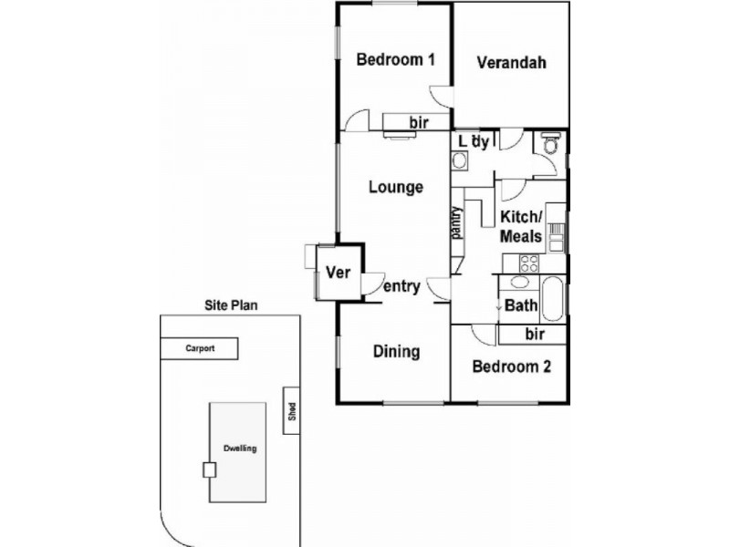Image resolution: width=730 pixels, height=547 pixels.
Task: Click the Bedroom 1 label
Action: point(394,60)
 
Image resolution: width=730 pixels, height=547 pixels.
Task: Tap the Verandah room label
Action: point(511,63)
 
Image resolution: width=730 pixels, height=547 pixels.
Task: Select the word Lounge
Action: point(395,187)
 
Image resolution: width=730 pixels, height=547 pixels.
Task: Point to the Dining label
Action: point(395,351)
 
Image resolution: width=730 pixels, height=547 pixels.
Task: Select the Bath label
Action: point(520,305)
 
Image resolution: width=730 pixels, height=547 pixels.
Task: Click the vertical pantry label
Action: point(456,223)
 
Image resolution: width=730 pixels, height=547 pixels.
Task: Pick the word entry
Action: point(401,286)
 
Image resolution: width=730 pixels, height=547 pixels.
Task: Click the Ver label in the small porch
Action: point(339,273)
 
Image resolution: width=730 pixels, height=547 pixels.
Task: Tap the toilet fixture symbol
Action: point(549,145)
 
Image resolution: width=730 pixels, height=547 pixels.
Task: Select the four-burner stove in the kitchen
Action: point(529,263)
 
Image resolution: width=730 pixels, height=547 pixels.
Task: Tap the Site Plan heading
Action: point(230,306)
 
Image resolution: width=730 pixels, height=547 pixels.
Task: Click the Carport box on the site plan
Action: point(200,348)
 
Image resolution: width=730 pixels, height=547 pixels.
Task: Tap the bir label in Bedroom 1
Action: point(418,121)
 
